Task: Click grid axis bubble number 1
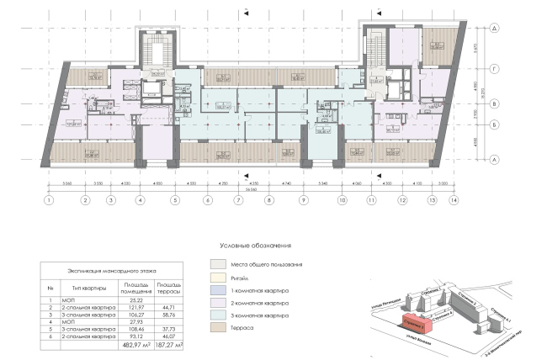click(x=49, y=201)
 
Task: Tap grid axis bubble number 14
click(x=455, y=201)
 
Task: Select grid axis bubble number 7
click(x=238, y=201)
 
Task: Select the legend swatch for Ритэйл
click(x=216, y=277)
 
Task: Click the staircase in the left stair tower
click(x=157, y=49)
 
